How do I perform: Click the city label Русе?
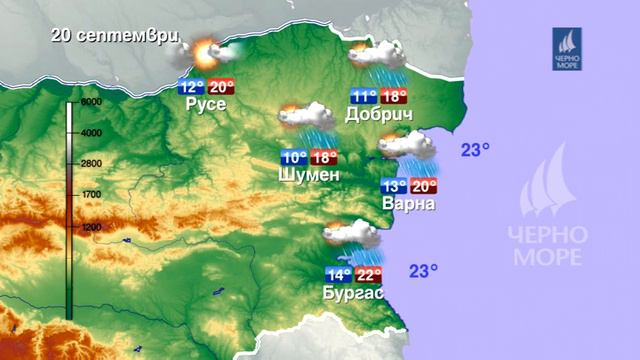click(x=206, y=104)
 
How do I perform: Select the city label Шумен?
click(x=310, y=175)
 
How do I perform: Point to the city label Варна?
click(x=408, y=204)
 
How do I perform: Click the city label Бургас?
click(x=353, y=293)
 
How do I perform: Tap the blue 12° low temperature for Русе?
click(x=191, y=86)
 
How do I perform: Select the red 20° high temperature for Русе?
click(x=221, y=86)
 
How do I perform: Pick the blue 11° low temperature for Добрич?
click(x=364, y=97)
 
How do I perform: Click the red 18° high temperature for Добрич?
click(x=394, y=97)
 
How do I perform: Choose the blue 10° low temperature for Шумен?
click(x=293, y=158)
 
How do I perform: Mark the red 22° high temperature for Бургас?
click(x=369, y=275)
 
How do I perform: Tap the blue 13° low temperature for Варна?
click(x=394, y=186)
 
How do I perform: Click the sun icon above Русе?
click(x=206, y=54)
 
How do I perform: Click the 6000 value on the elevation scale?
click(x=92, y=103)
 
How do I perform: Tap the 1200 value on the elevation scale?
click(x=91, y=227)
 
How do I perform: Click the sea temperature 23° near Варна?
click(x=476, y=150)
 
